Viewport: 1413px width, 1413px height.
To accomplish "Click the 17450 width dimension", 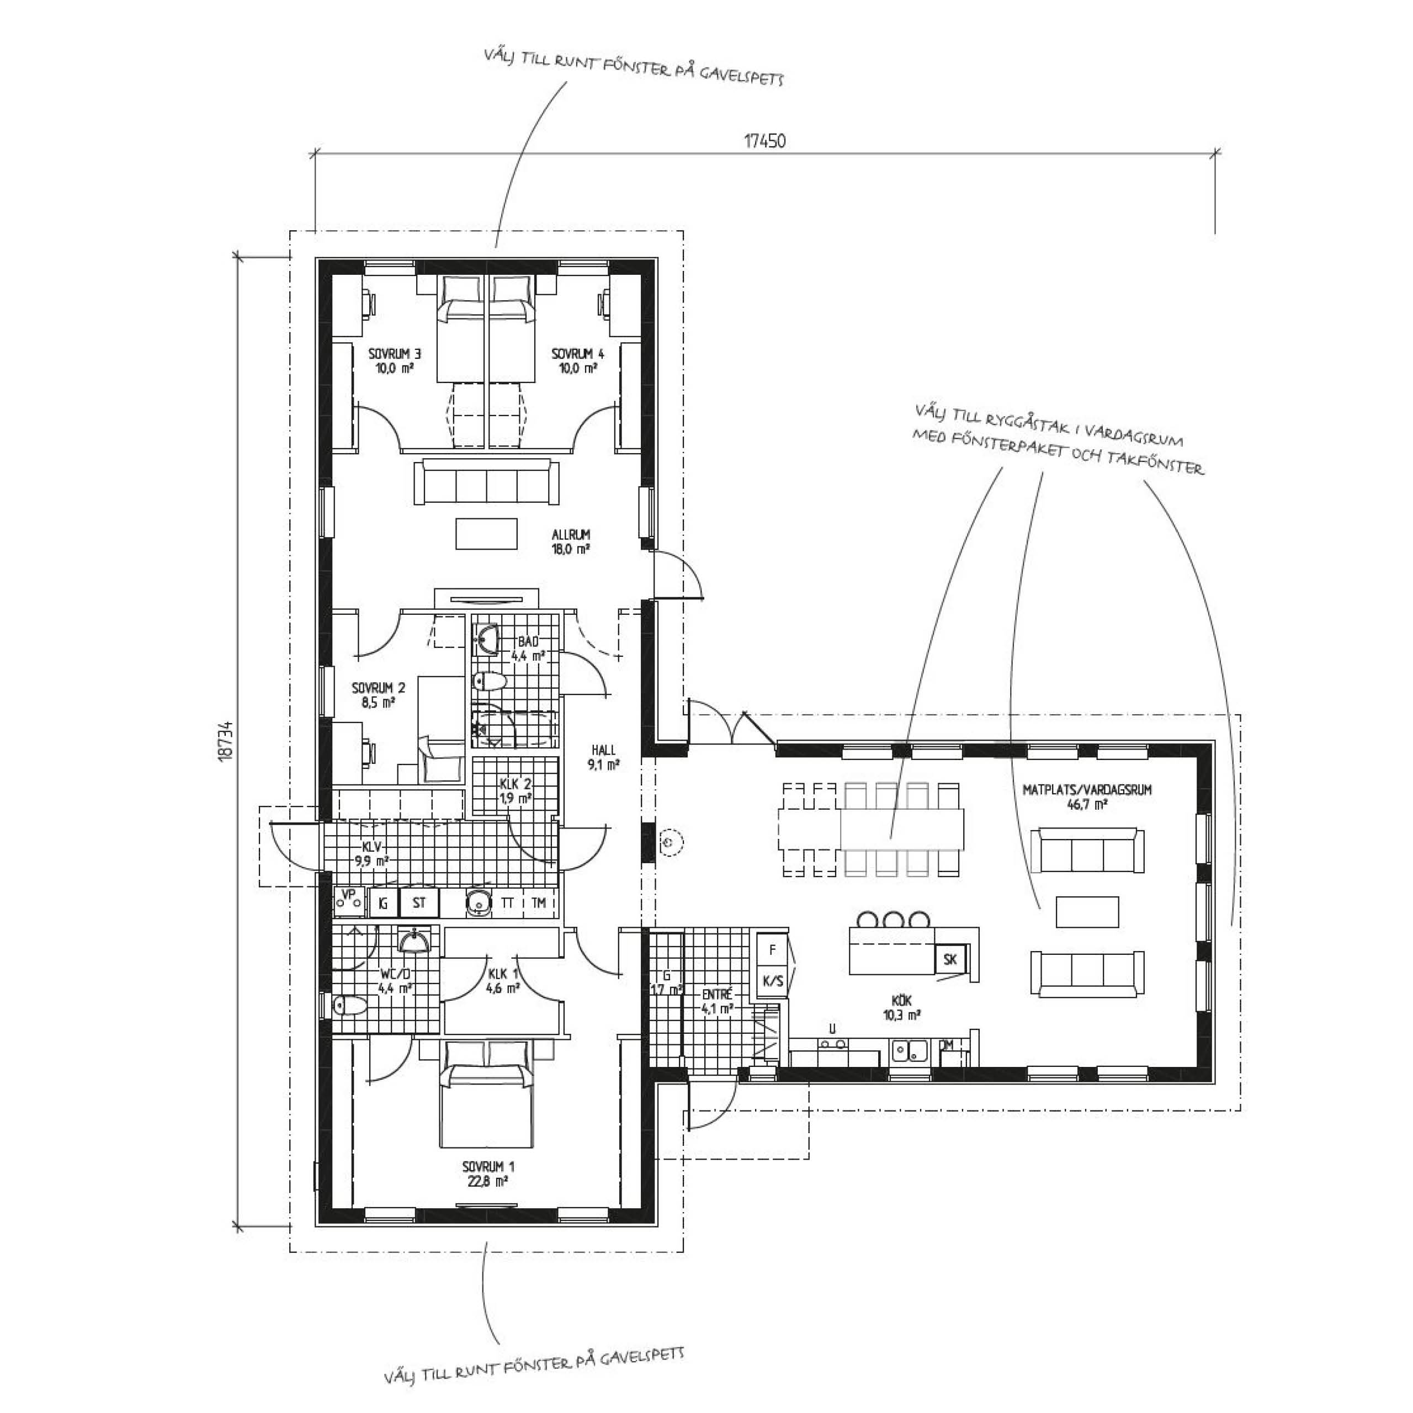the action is [765, 140].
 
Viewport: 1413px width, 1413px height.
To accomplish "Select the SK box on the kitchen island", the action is [950, 959].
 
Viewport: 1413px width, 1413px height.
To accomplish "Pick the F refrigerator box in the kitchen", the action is [772, 950].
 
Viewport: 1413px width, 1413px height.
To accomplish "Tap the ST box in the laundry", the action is [419, 903].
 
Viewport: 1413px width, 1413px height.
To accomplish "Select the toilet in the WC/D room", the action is [349, 1006].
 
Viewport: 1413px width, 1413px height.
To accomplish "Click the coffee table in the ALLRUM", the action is [487, 533].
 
